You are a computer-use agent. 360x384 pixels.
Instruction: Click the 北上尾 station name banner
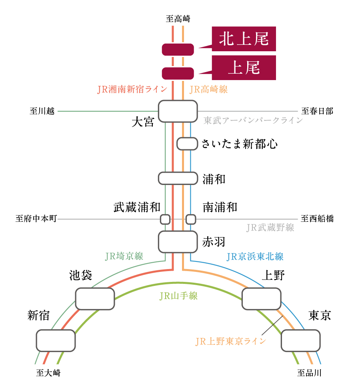[244, 39]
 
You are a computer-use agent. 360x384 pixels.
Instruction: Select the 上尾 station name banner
[244, 68]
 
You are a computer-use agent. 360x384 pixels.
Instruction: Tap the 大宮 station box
[178, 111]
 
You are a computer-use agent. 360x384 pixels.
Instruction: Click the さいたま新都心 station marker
[187, 144]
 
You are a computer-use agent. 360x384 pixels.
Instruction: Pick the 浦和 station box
[178, 178]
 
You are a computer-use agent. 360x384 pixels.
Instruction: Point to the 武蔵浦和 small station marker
[165, 219]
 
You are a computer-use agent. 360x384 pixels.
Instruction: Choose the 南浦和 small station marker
[191, 219]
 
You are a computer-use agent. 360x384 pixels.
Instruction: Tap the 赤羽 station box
[178, 242]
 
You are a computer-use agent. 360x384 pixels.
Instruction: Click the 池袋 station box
[95, 299]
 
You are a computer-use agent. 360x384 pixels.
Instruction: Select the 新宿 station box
[56, 341]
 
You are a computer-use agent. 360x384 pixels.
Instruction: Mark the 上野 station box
[262, 299]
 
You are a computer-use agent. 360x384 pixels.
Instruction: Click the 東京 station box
[300, 341]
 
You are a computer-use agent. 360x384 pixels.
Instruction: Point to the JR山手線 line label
[178, 296]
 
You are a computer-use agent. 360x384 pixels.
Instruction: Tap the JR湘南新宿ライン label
[132, 89]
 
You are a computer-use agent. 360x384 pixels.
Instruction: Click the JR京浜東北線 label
[255, 256]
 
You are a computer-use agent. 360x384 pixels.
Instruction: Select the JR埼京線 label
[124, 256]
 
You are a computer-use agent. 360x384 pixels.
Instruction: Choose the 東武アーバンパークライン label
[253, 120]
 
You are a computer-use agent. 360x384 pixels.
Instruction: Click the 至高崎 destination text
[178, 18]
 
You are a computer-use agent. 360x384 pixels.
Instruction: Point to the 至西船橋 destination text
[317, 219]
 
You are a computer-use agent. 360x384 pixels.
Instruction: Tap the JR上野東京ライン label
[231, 341]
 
